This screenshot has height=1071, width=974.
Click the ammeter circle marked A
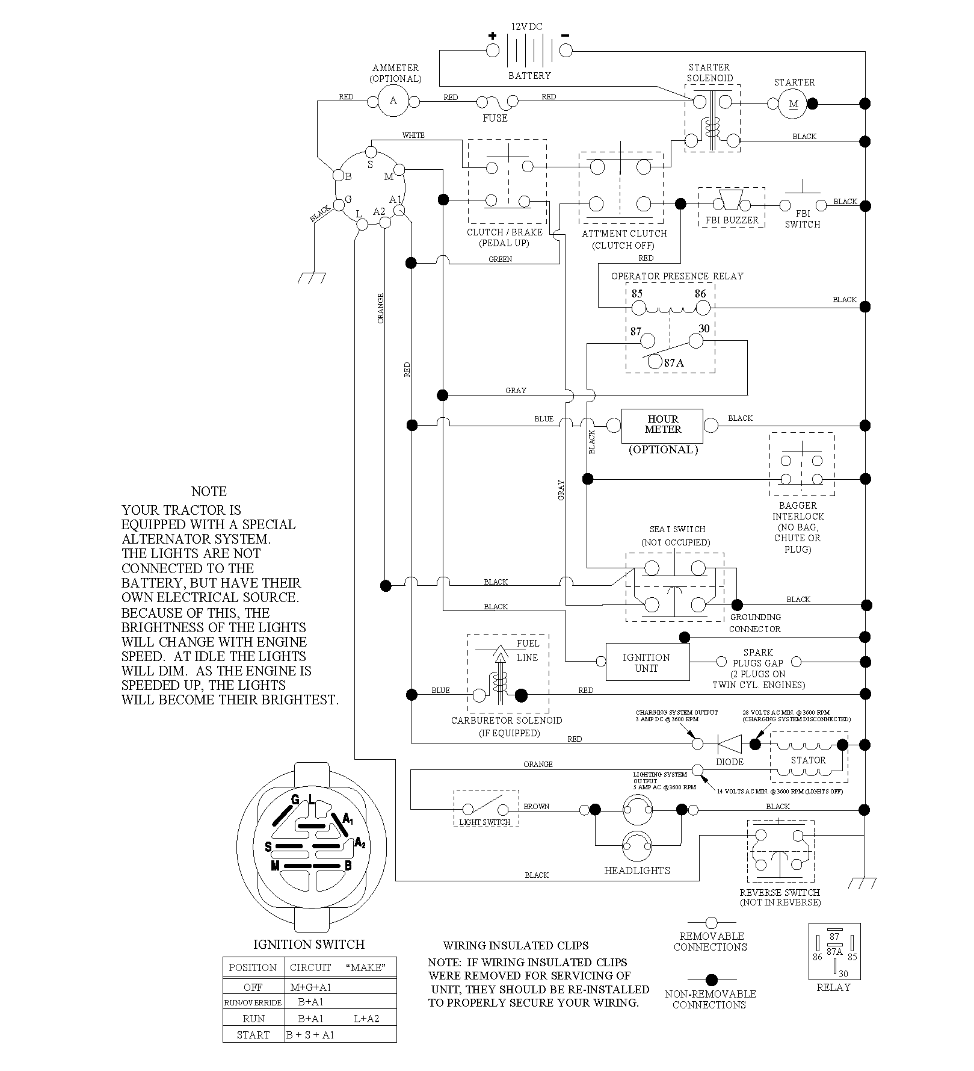click(393, 101)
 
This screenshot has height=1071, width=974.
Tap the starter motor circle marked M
click(794, 104)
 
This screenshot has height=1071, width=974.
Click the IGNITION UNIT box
click(647, 662)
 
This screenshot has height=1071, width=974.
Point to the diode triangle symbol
click(729, 745)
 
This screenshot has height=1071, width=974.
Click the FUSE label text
click(495, 119)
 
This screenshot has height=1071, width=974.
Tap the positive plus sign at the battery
click(492, 36)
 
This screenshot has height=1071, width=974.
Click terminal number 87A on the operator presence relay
click(674, 363)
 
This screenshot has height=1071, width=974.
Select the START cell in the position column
click(253, 1035)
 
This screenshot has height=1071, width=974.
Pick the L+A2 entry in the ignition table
click(366, 1019)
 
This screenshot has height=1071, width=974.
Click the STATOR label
click(808, 760)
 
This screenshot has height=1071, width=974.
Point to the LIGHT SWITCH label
click(484, 822)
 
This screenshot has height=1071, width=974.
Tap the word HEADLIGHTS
click(636, 871)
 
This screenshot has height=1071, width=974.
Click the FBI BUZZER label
click(732, 220)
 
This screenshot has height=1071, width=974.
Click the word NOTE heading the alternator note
click(209, 491)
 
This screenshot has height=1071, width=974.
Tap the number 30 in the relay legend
click(843, 974)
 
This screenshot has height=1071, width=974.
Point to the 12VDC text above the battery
click(526, 27)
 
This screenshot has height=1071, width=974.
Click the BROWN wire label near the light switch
click(536, 807)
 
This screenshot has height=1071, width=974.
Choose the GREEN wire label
click(500, 259)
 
